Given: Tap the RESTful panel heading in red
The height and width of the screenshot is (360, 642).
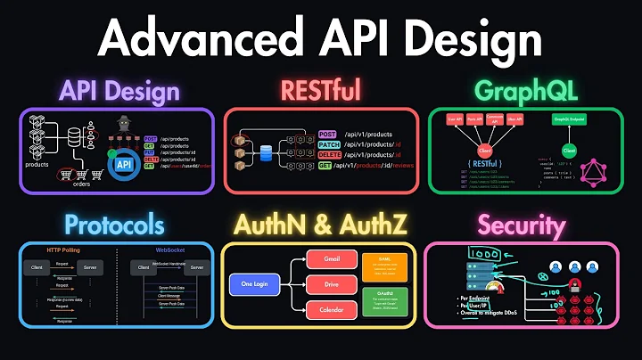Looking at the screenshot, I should click(321, 90).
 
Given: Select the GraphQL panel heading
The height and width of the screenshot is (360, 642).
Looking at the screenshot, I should click(527, 90).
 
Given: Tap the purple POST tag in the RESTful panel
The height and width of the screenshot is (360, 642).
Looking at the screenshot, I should click(328, 134).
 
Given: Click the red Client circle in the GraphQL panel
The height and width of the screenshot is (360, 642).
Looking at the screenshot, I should click(485, 151).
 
